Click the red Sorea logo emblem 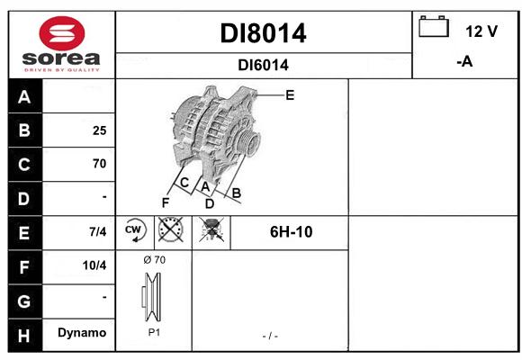(62, 33)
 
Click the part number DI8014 (263, 33)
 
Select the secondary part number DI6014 (263, 66)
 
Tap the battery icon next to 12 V (434, 26)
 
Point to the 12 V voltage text (481, 31)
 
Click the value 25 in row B (100, 130)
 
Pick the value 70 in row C (100, 164)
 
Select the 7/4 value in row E (98, 231)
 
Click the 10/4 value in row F (94, 265)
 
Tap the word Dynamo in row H (82, 333)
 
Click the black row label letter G (24, 301)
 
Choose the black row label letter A (24, 97)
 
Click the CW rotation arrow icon (134, 229)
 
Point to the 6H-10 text (292, 232)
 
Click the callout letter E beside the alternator (290, 95)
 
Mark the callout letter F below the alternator (166, 202)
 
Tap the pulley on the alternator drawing (248, 141)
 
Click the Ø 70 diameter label (155, 260)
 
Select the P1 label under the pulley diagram (154, 332)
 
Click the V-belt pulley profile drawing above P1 (152, 297)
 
